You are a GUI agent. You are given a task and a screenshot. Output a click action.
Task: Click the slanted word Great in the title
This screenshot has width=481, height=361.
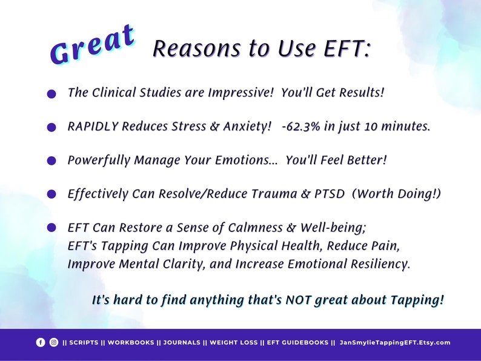92,45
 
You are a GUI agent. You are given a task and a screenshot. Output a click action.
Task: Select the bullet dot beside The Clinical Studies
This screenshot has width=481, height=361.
51,94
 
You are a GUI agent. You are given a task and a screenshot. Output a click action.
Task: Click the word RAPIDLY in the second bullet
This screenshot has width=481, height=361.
93,127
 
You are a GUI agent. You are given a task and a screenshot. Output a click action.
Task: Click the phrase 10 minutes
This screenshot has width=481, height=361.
398,127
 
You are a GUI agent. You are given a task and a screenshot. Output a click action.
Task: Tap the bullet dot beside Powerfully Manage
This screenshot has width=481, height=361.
51,161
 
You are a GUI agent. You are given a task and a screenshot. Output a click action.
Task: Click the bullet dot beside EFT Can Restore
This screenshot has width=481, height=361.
51,228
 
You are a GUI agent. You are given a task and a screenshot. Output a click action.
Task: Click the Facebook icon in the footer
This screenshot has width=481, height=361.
41,342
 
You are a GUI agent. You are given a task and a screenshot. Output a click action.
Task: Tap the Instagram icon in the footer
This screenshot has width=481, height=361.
54,342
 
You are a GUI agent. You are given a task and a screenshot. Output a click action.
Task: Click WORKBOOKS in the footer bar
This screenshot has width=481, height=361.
131,342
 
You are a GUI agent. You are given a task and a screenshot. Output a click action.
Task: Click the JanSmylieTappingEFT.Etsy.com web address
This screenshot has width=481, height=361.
395,342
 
